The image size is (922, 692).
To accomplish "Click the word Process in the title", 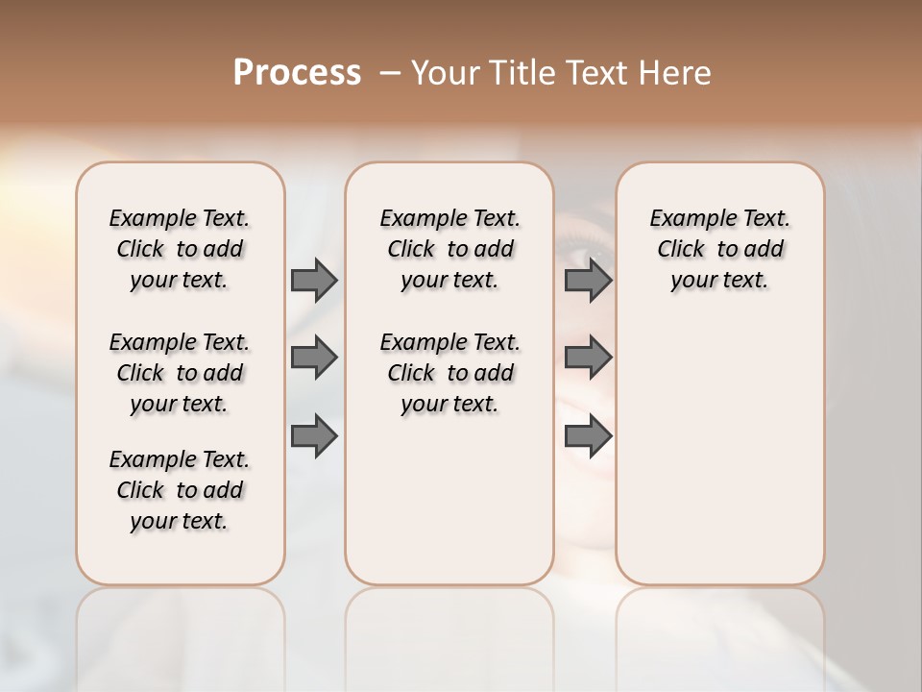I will (297, 73).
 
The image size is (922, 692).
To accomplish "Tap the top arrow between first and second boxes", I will (314, 280).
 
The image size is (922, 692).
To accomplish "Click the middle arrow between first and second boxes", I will (314, 358).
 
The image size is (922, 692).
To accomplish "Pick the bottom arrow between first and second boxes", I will (314, 435).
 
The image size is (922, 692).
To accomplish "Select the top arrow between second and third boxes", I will (588, 280).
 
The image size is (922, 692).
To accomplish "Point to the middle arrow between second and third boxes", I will (588, 358).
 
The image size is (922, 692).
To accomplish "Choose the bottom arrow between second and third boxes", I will (588, 435).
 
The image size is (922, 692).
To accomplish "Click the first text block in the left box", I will (180, 249).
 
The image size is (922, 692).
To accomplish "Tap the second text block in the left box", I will (180, 373).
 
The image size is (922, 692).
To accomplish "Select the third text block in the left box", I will (180, 490).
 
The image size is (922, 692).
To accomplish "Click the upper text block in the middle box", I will (450, 249).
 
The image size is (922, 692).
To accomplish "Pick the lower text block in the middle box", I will (450, 373).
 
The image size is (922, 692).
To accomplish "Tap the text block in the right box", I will (720, 249).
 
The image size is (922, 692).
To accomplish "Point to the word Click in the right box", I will (681, 249).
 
